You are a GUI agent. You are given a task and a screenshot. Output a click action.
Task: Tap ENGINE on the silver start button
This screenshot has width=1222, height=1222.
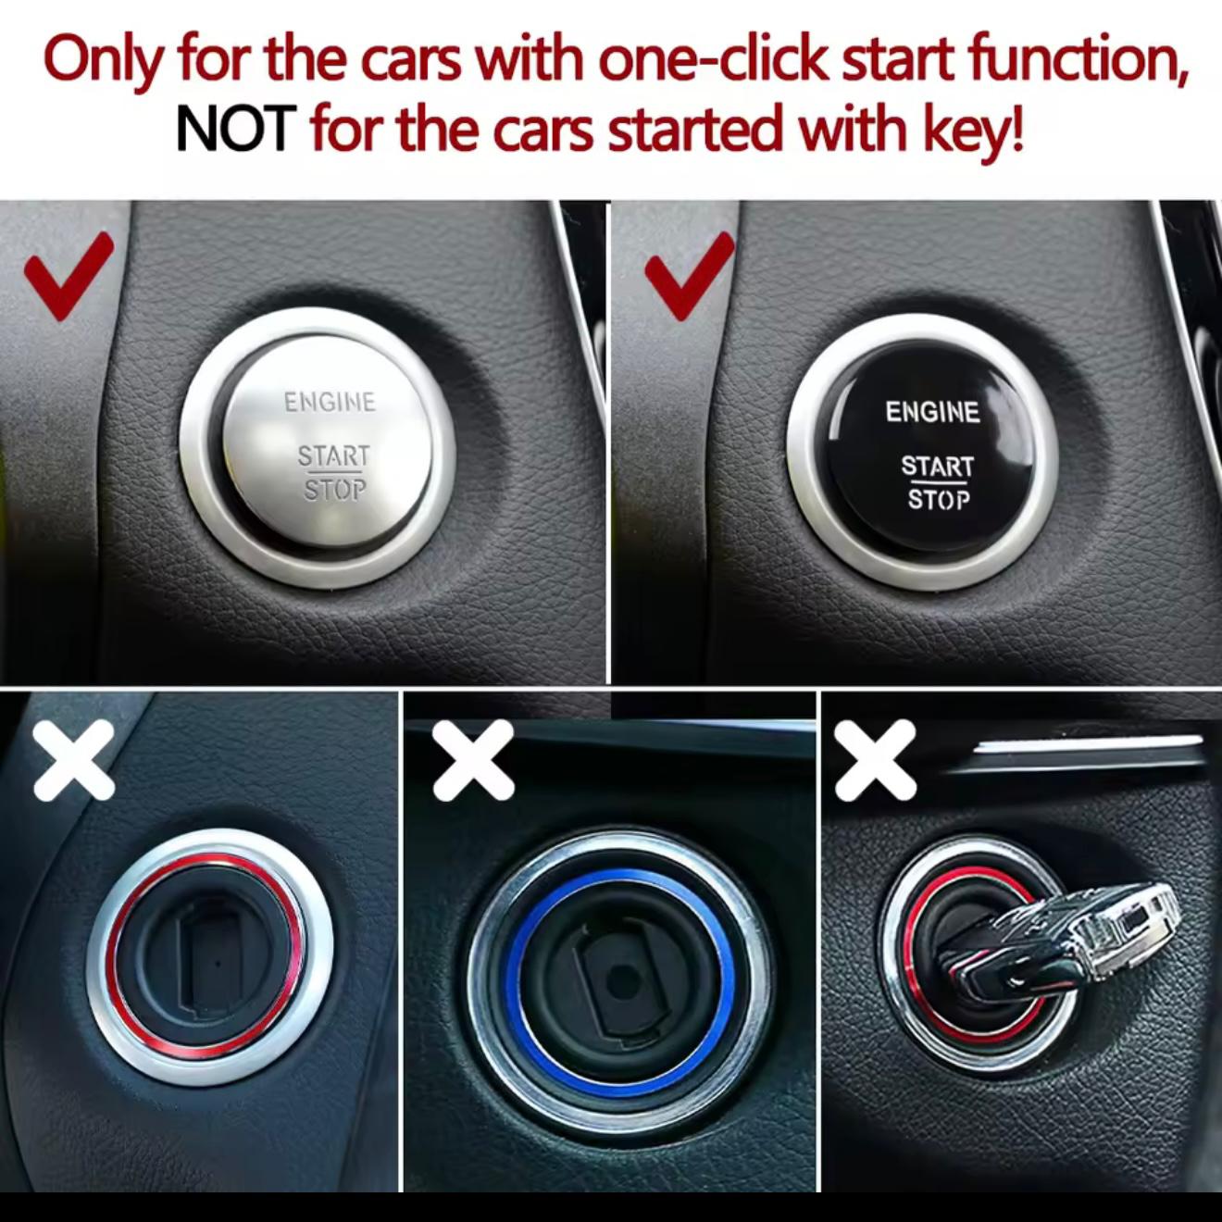pyautogui.click(x=330, y=402)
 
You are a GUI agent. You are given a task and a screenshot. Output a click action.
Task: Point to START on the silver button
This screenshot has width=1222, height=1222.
pyautogui.click(x=333, y=456)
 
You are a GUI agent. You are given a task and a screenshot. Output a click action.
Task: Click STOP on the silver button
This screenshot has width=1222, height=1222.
pyautogui.click(x=335, y=490)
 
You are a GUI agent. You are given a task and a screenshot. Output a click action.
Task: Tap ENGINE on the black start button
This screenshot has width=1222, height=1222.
pyautogui.click(x=932, y=412)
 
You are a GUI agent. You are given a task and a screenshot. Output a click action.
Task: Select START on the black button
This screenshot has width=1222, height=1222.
pyautogui.click(x=937, y=466)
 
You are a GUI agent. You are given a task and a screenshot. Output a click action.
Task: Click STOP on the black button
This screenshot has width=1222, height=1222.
pyautogui.click(x=939, y=500)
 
